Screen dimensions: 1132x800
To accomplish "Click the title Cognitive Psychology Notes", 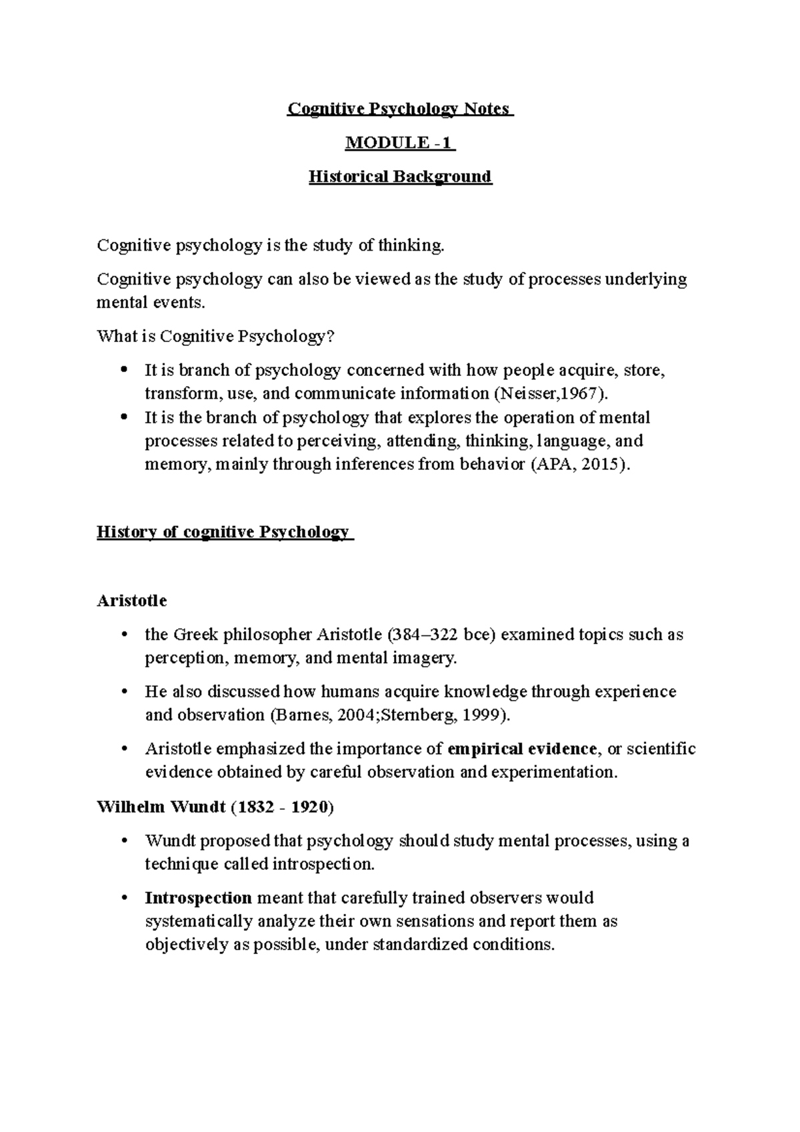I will tap(399, 109).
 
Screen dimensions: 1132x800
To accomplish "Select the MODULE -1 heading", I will tap(399, 143).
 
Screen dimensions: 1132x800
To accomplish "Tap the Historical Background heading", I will tap(400, 177).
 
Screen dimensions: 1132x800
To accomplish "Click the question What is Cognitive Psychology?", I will tap(215, 336).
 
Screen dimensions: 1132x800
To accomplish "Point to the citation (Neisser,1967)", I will tap(551, 393).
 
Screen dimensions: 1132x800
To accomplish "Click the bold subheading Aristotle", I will tap(132, 601).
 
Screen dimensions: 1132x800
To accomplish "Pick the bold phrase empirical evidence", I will tap(523, 749).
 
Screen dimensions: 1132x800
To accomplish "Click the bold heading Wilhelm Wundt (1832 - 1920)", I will tap(215, 807).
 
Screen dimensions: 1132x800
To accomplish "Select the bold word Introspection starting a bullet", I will tap(198, 898).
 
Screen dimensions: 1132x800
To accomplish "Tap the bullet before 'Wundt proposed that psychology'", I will tap(124, 841).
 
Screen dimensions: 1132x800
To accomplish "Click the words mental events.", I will tap(147, 303).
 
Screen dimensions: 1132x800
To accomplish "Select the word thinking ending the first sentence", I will tap(410, 246).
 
